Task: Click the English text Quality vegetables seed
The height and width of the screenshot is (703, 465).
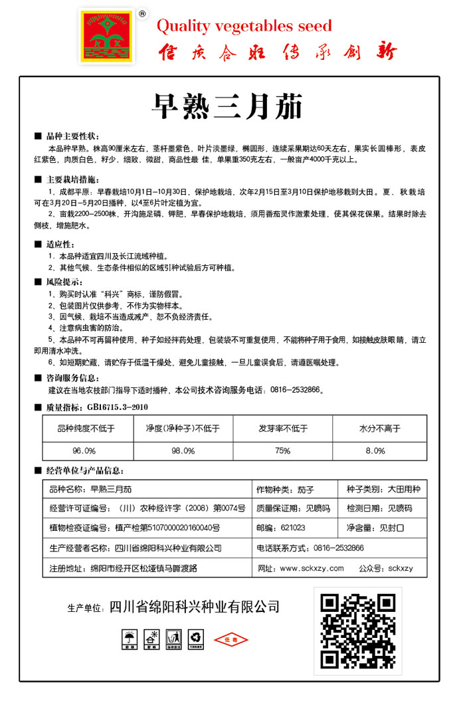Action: [244, 26]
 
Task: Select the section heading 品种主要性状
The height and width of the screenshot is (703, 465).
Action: [72, 136]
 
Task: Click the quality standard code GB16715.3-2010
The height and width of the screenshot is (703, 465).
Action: [114, 407]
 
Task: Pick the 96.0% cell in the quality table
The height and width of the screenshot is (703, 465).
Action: [84, 451]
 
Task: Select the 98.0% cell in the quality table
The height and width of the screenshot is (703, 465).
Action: [183, 451]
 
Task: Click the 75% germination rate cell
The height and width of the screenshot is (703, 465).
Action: [283, 451]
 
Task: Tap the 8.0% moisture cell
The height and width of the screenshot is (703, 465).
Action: [375, 451]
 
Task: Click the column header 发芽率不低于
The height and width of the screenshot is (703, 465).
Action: [283, 429]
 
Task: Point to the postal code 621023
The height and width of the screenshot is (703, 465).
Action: [293, 528]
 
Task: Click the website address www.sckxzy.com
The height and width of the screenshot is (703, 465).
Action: [312, 568]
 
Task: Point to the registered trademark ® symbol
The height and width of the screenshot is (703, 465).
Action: [141, 13]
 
